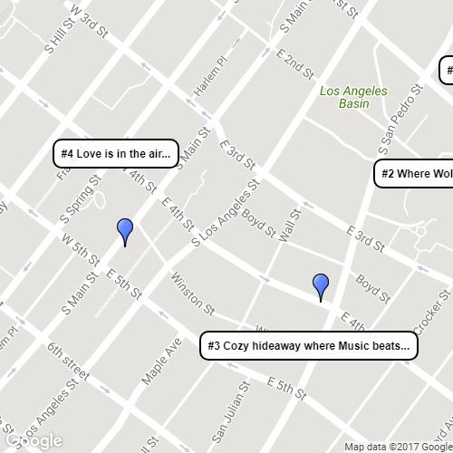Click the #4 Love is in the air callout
coord(115,154)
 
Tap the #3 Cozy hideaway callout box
coord(308,346)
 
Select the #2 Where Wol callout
coord(414,174)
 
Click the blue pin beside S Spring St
coord(125,230)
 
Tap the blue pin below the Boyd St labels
coord(320,285)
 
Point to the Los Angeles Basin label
coord(353,97)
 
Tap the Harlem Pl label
coord(209,80)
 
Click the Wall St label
coord(291,217)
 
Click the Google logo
coord(34,440)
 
